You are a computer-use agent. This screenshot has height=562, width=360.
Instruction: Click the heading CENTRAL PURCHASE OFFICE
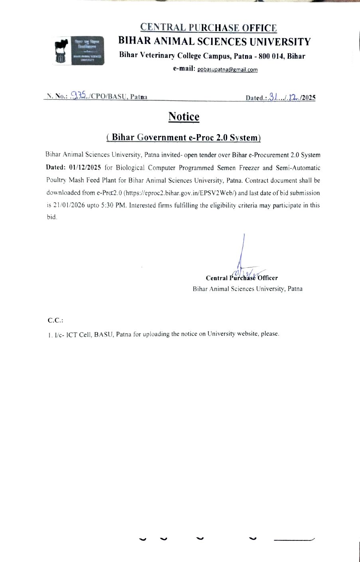pyautogui.click(x=208, y=28)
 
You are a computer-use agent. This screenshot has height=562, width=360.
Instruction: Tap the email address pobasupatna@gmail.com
pyautogui.click(x=227, y=69)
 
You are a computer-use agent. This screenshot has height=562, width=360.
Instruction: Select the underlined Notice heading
pyautogui.click(x=184, y=117)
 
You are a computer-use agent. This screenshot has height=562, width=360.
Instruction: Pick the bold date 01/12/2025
pyautogui.click(x=85, y=168)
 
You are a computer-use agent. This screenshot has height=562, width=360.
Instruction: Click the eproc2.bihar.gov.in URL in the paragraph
pyautogui.click(x=180, y=193)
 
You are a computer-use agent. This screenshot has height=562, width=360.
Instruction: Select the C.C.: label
pyautogui.click(x=55, y=320)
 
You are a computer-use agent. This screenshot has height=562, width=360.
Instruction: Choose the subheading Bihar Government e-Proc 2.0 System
pyautogui.click(x=184, y=137)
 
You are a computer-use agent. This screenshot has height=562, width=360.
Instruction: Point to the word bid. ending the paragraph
pyautogui.click(x=52, y=218)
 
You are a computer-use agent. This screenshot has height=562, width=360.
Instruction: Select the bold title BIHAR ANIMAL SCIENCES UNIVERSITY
pyautogui.click(x=214, y=42)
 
